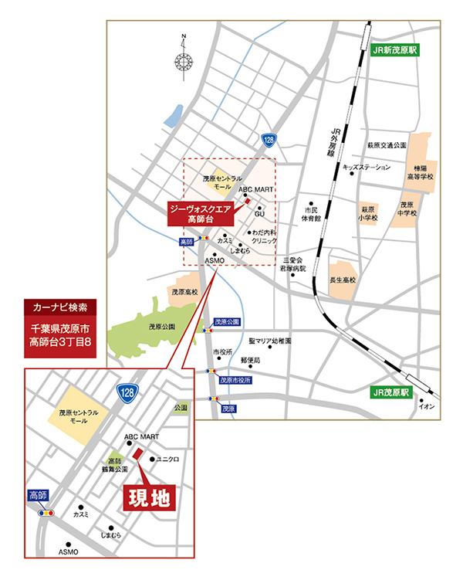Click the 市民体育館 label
point(312,214)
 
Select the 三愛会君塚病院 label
point(294,264)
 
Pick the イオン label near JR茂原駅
point(428,407)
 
